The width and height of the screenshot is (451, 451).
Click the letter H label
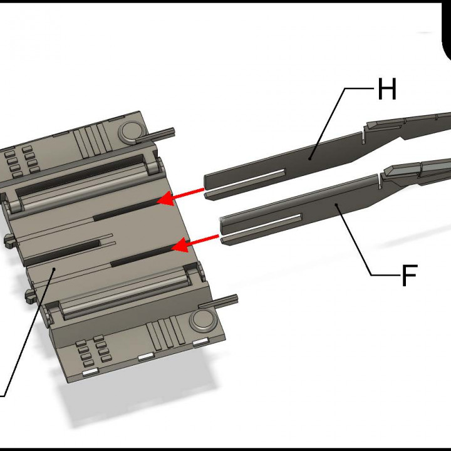386,90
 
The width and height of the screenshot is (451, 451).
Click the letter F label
408,276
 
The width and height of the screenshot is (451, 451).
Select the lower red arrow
195,242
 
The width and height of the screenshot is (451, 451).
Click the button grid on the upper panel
20,161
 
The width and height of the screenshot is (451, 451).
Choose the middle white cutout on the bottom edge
146,357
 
